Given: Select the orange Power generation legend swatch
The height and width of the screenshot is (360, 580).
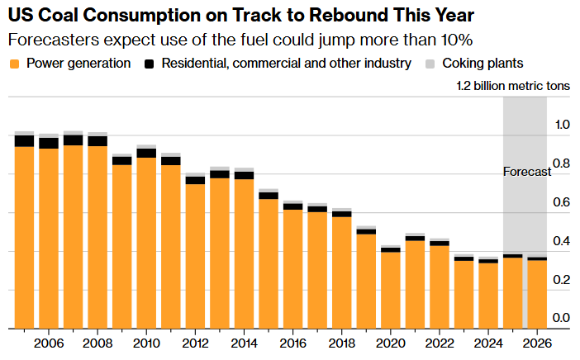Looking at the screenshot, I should [14, 64].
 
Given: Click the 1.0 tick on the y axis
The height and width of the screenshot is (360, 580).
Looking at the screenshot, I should [562, 125].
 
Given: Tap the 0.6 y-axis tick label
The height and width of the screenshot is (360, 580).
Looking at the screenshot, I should [562, 202].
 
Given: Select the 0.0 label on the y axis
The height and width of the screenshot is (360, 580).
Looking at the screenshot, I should [562, 319].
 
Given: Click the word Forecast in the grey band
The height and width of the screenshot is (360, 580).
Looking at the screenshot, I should [526, 172].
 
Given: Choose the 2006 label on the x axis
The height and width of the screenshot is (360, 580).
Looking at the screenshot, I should [49, 343].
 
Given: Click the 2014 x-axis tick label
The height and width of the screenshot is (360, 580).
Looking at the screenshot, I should [245, 343].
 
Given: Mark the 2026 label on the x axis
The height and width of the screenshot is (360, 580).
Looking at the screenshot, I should [537, 343].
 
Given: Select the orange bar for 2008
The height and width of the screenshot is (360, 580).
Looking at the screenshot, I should [97, 239].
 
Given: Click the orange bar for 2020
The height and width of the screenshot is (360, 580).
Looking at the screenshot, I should [391, 289].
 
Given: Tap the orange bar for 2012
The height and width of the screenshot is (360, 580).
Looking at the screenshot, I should [195, 256].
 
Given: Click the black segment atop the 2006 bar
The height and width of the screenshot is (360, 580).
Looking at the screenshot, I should [49, 143].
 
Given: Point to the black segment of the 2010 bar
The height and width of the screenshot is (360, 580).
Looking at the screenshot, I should [146, 153].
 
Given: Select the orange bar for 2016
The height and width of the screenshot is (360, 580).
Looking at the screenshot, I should [293, 268].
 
